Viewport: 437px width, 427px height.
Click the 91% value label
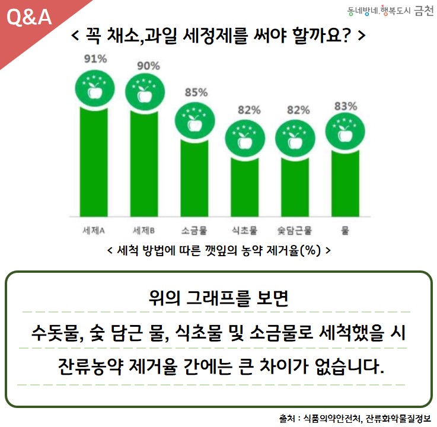(x=95, y=59)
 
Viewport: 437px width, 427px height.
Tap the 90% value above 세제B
(x=148, y=66)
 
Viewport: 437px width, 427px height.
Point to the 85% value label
(x=196, y=93)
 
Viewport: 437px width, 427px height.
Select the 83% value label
(x=346, y=106)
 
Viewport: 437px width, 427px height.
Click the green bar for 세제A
(x=94, y=162)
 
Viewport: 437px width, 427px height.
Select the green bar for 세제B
(x=144, y=164)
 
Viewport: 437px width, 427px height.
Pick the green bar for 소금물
(x=194, y=178)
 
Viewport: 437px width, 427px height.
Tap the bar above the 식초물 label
(x=245, y=187)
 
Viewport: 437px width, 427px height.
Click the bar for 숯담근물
(x=295, y=187)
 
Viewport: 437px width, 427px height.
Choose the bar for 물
(x=345, y=183)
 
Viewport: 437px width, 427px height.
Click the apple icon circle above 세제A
(x=95, y=89)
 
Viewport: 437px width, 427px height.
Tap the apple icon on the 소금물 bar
(x=195, y=120)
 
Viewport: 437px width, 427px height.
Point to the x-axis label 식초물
(x=244, y=231)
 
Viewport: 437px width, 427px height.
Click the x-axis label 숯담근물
(x=294, y=231)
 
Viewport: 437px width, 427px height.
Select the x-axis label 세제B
(x=143, y=231)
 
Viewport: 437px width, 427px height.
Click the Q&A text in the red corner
(x=29, y=17)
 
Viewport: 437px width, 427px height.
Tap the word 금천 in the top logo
(x=423, y=11)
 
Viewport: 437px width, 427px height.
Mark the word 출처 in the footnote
(x=287, y=418)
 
